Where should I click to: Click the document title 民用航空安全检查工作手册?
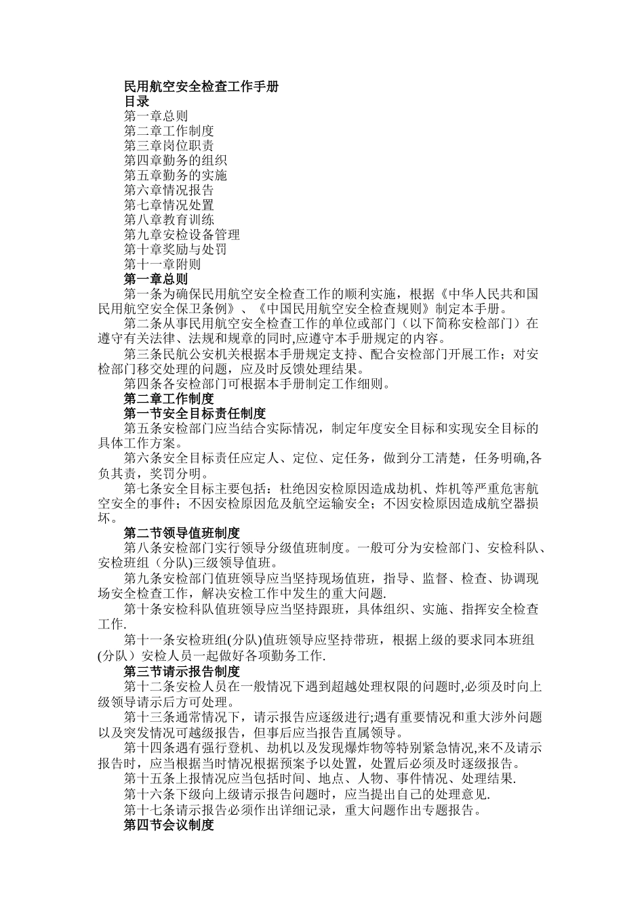[201, 87]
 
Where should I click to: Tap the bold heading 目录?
[136, 102]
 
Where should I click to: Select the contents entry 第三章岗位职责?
[169, 146]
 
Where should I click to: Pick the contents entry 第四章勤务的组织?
[176, 161]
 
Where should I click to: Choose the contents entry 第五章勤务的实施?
[176, 176]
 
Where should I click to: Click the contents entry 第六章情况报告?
[169, 190]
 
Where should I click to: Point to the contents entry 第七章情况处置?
[169, 205]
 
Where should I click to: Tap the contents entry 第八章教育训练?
[169, 220]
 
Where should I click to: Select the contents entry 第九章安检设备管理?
[182, 235]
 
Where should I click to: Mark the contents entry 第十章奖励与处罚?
[176, 249]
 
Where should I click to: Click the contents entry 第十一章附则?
[163, 264]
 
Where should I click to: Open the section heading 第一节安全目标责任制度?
[195, 413]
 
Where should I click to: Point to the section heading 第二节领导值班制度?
[182, 533]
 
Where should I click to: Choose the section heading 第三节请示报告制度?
[182, 672]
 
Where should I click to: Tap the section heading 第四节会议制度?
[169, 826]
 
